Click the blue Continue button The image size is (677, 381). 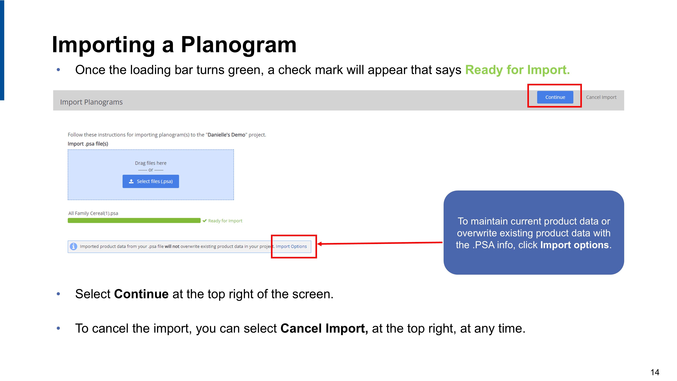pyautogui.click(x=555, y=97)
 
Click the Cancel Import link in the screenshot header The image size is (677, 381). pyautogui.click(x=601, y=97)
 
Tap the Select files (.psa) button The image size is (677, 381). pyautogui.click(x=151, y=181)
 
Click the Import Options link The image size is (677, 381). pyautogui.click(x=291, y=246)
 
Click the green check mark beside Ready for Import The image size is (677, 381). pyautogui.click(x=205, y=221)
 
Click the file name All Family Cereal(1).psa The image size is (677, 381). pyautogui.click(x=93, y=213)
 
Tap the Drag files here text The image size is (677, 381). pyautogui.click(x=151, y=163)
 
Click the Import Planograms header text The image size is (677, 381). pyautogui.click(x=91, y=102)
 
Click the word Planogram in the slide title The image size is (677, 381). pyautogui.click(x=239, y=45)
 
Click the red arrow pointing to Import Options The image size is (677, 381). pyautogui.click(x=380, y=243)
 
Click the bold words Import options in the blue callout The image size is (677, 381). pyautogui.click(x=574, y=245)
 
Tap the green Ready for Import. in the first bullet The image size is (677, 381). pyautogui.click(x=517, y=70)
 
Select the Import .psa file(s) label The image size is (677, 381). pyautogui.click(x=88, y=144)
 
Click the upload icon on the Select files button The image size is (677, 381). pyautogui.click(x=131, y=181)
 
